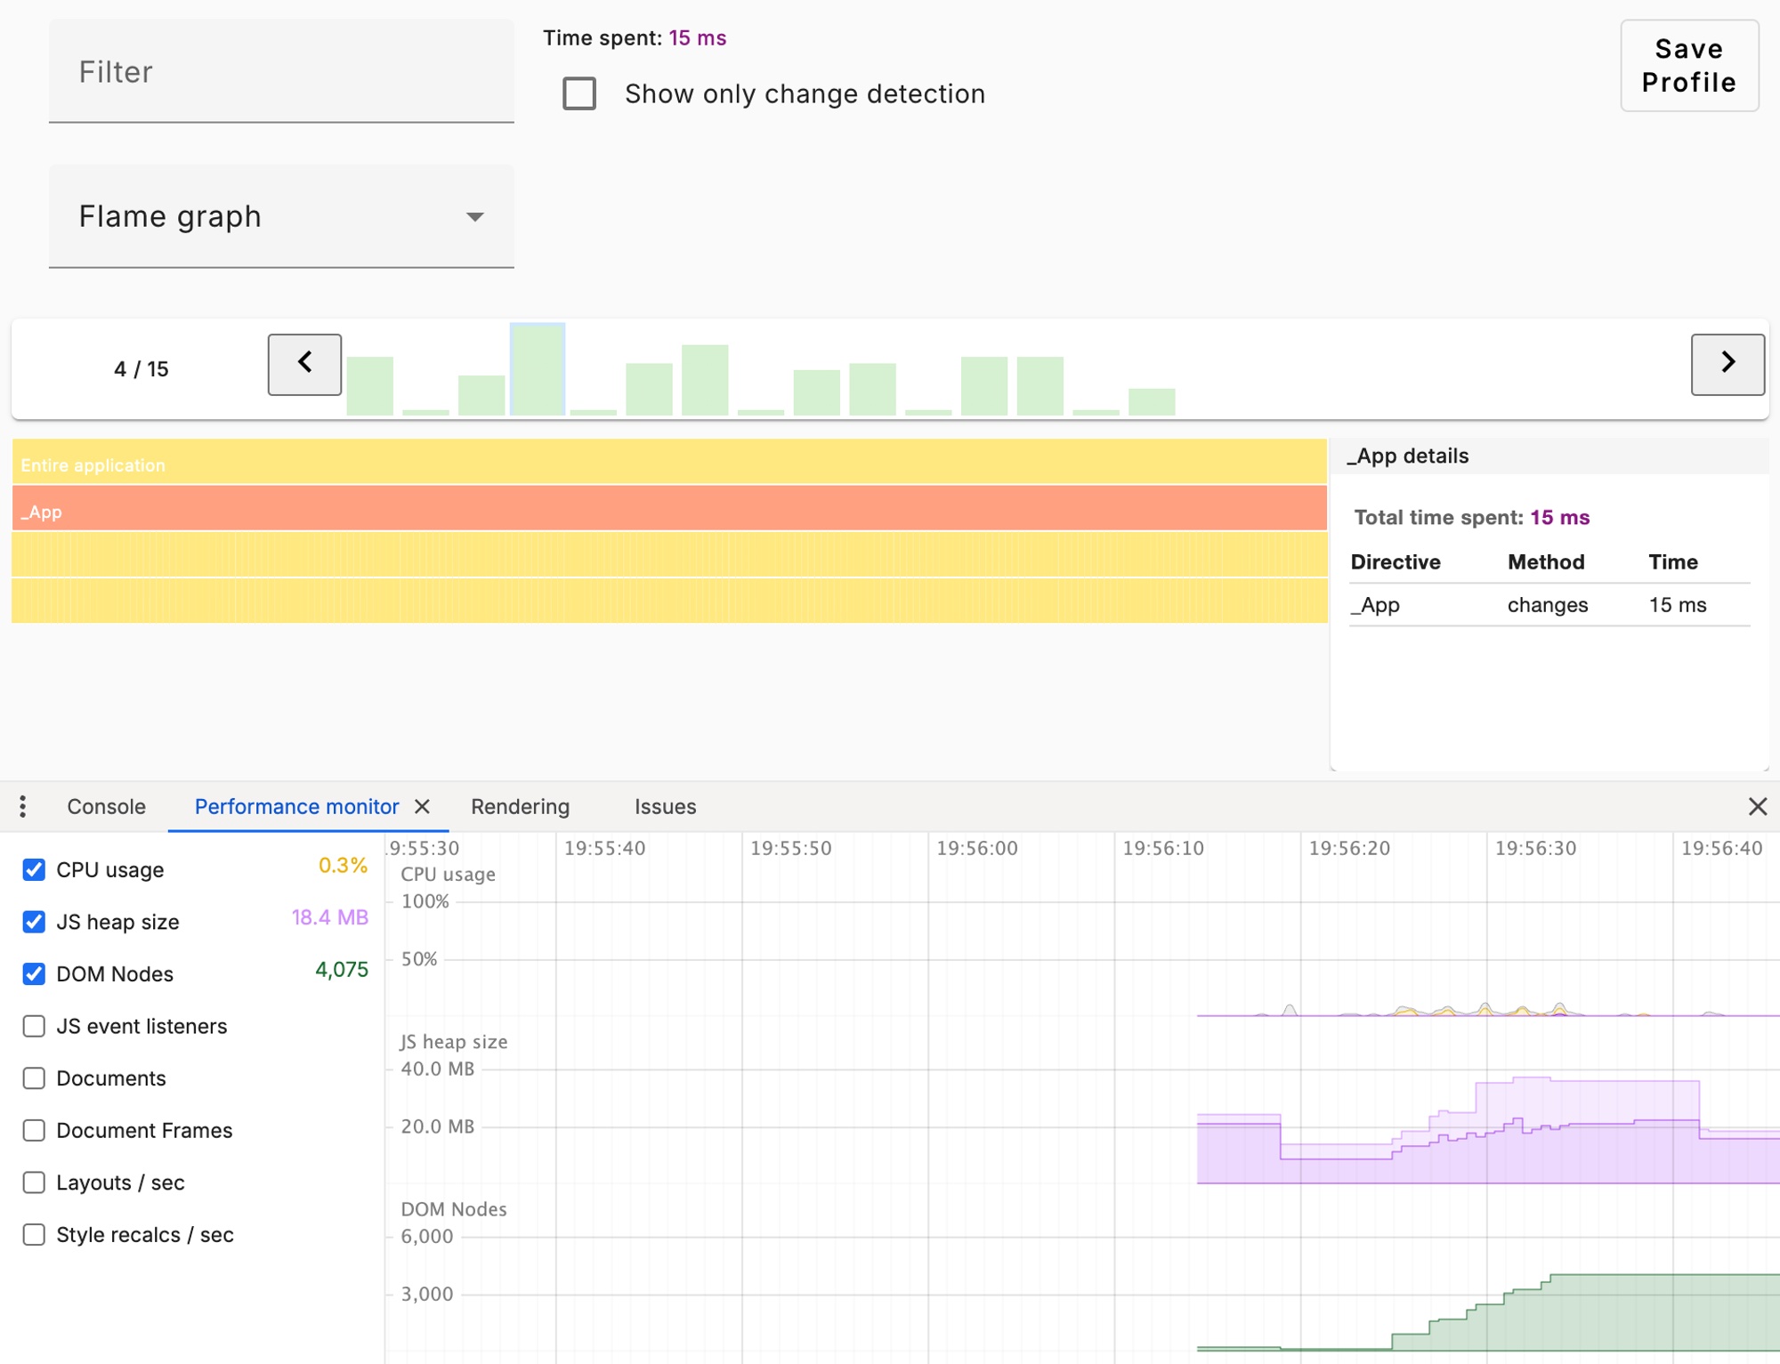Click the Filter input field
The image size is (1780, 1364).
point(280,71)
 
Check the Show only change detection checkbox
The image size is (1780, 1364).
point(579,93)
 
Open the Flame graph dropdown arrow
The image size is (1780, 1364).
point(475,217)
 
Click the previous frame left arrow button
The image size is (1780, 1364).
point(304,364)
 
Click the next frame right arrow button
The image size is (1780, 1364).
point(1727,364)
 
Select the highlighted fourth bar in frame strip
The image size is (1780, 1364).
point(538,370)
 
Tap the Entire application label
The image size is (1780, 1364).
point(93,465)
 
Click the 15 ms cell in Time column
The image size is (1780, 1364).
point(1677,605)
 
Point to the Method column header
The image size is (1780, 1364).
point(1545,562)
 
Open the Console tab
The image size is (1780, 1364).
point(106,807)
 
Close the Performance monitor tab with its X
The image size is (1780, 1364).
point(423,807)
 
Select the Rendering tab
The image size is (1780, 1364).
point(520,807)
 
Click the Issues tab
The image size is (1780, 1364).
point(665,807)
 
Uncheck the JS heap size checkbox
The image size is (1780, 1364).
point(34,922)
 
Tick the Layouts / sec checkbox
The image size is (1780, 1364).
point(34,1182)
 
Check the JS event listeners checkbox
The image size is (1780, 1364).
point(34,1026)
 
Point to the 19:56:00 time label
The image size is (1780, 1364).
point(976,849)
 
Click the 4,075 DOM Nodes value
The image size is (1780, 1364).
point(341,970)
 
